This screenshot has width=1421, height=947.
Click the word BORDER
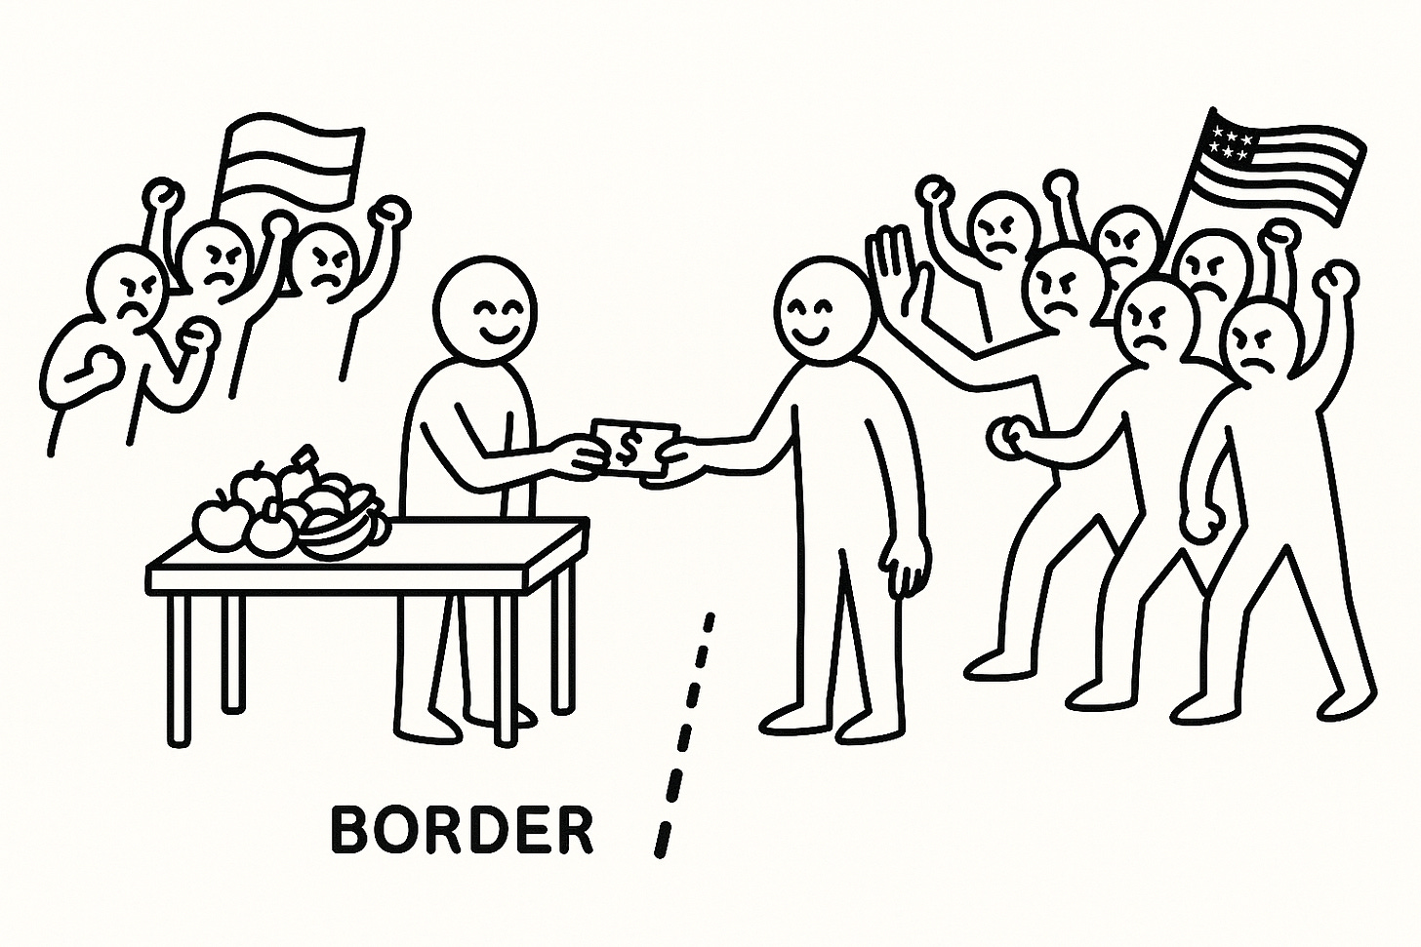(x=461, y=830)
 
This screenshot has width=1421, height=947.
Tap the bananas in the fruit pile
(x=346, y=527)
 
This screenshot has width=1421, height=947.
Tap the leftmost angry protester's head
(x=125, y=288)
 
